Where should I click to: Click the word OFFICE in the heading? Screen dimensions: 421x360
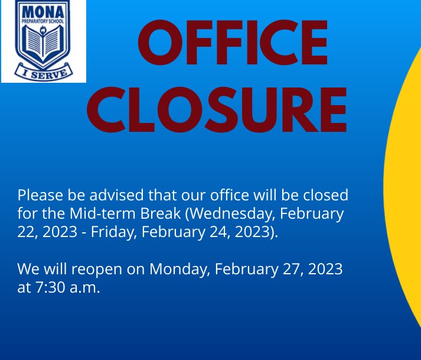tap(233, 42)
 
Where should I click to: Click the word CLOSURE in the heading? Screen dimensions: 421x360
tap(217, 109)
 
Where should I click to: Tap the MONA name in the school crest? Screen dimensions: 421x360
tap(43, 12)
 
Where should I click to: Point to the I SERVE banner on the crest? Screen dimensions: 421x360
tap(44, 72)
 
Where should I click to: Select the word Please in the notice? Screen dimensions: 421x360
tap(40, 195)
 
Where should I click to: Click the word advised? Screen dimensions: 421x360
tap(116, 195)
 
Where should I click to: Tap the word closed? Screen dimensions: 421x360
tap(326, 195)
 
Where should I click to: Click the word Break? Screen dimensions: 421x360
tap(161, 213)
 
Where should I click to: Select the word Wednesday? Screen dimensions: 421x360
tap(231, 214)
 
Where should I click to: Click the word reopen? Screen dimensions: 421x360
tap(97, 270)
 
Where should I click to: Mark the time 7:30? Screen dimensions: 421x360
tap(50, 287)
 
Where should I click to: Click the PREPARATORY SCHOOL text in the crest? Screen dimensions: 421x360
tap(43, 21)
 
